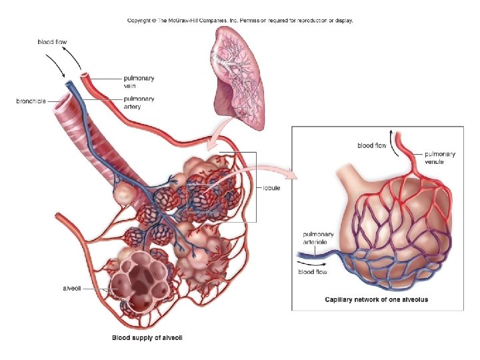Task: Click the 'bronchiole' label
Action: [x=31, y=101]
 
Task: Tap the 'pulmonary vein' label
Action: [x=139, y=82]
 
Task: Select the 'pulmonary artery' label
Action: [x=139, y=103]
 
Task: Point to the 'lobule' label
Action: [x=271, y=188]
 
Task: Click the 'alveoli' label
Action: [x=72, y=288]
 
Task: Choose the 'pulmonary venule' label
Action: [x=440, y=158]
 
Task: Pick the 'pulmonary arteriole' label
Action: [x=319, y=239]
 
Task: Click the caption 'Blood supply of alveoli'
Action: [x=147, y=338]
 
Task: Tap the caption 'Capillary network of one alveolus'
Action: [x=376, y=300]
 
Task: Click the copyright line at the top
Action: [x=240, y=21]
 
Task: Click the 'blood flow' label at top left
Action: [x=51, y=42]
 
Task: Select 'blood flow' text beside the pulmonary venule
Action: [x=371, y=145]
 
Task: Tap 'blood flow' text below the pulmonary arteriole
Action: [x=313, y=272]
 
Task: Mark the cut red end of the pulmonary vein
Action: [x=85, y=78]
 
